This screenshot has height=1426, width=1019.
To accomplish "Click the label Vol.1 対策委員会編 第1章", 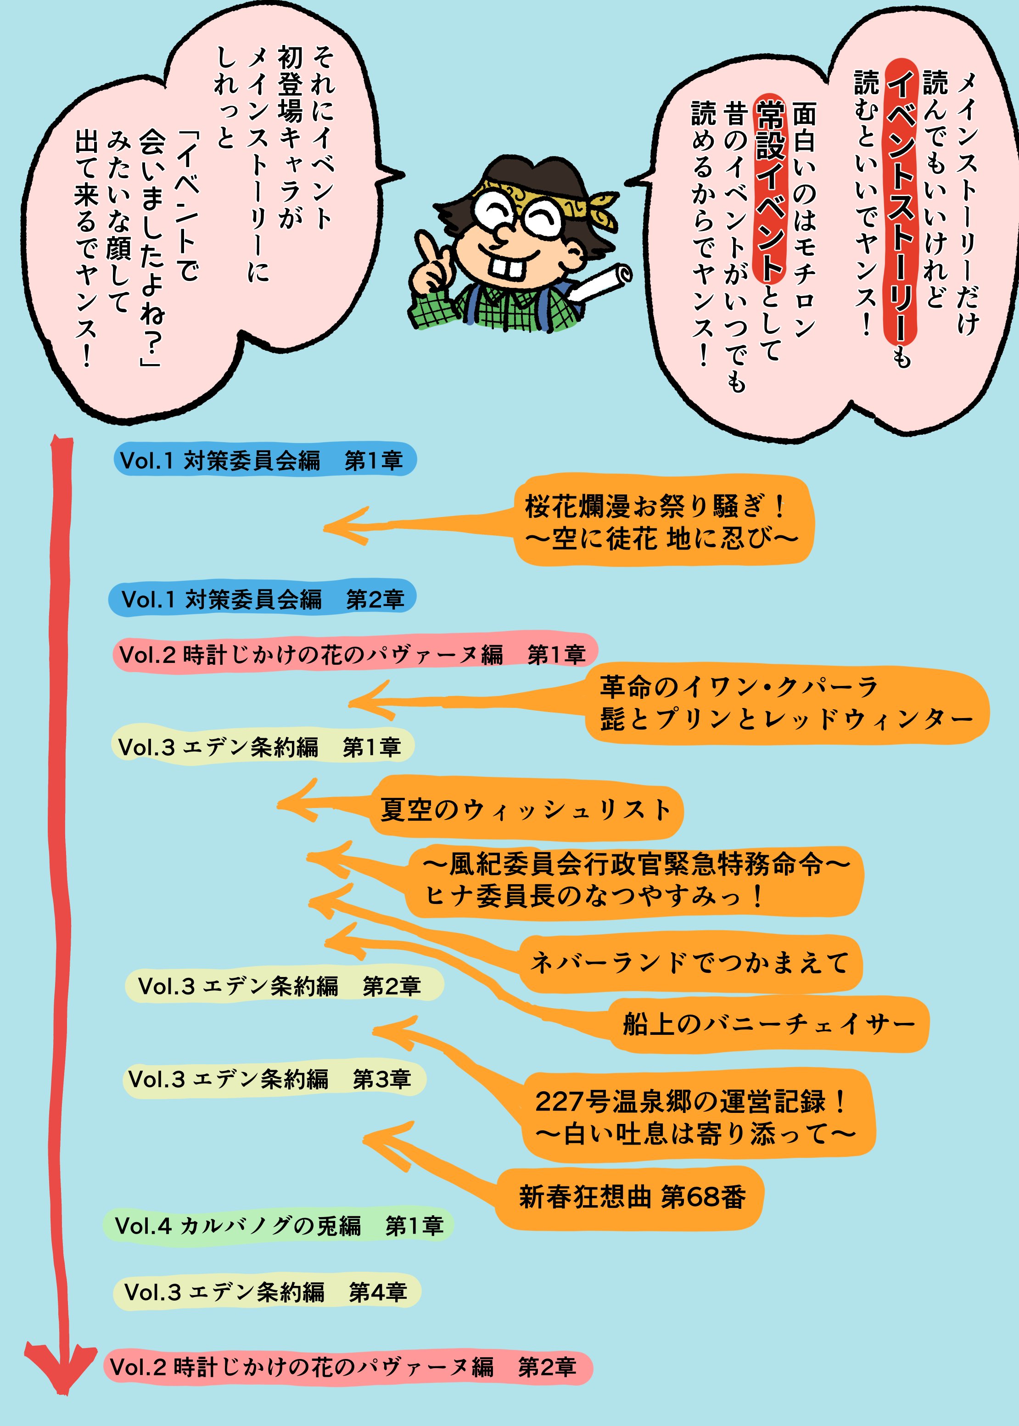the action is point(263,460).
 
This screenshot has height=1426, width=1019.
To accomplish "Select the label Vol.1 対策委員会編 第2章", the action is point(262,599).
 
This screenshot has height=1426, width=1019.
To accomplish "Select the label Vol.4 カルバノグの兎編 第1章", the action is point(279,1225).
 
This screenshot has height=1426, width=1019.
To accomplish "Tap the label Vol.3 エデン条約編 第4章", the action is point(266,1291).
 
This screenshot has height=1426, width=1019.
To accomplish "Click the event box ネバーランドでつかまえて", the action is point(690,962).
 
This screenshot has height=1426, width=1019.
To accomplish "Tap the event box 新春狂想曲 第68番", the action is point(631,1197).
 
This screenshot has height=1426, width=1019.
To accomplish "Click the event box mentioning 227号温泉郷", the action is point(696,1117).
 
